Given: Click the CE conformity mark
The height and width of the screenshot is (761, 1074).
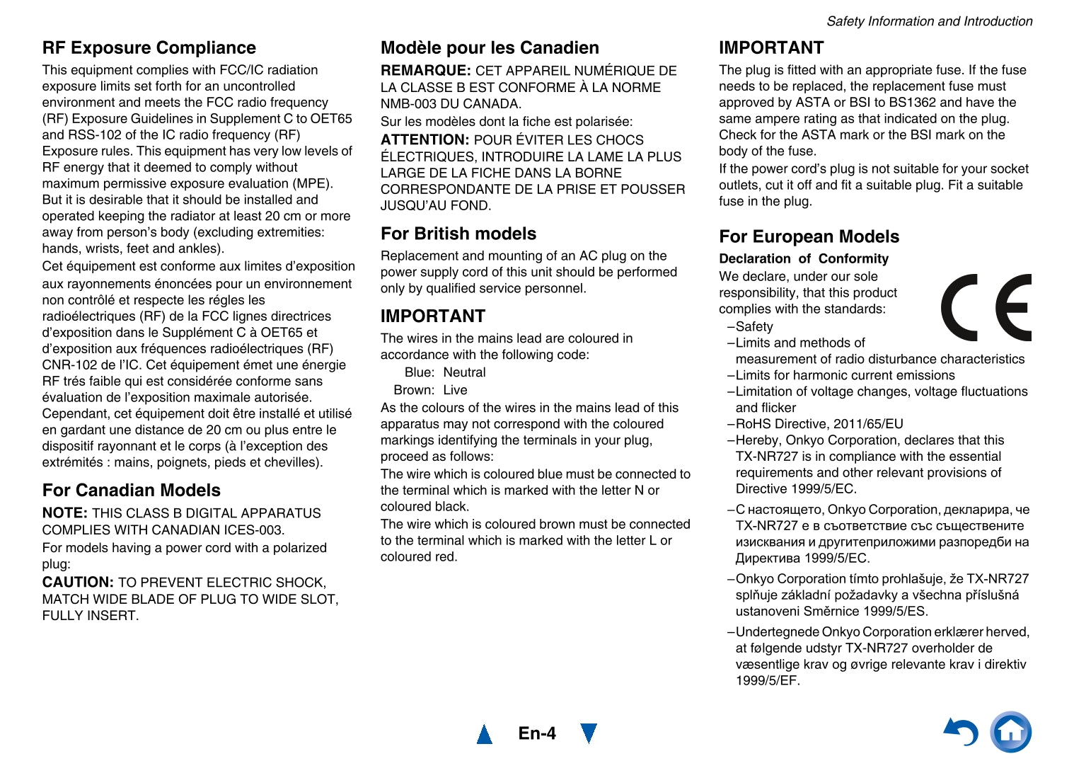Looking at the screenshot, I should pyautogui.click(x=986, y=307).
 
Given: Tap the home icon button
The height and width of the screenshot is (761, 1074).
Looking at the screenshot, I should pyautogui.click(x=1010, y=732).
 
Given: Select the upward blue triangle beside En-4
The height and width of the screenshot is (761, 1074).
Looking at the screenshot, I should pyautogui.click(x=485, y=734).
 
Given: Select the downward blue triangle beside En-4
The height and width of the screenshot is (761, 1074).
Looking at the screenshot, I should pyautogui.click(x=588, y=733).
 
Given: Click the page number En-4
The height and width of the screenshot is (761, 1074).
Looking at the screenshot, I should pyautogui.click(x=537, y=733).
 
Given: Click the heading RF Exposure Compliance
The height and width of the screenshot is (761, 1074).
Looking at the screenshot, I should pyautogui.click(x=149, y=48).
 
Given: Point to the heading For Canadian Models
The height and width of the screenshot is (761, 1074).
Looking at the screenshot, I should pyautogui.click(x=132, y=491).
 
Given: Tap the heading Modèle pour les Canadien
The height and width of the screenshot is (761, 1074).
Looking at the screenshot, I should pyautogui.click(x=490, y=48).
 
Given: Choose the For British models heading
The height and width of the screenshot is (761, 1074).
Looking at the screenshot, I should pyautogui.click(x=458, y=234).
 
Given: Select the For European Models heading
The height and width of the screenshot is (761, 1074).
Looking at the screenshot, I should pyautogui.click(x=809, y=237).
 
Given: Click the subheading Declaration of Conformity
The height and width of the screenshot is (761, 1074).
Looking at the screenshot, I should pyautogui.click(x=803, y=259).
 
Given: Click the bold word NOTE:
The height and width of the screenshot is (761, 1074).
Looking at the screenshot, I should pyautogui.click(x=65, y=513).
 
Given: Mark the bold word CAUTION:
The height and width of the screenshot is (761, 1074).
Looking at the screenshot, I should pyautogui.click(x=78, y=583).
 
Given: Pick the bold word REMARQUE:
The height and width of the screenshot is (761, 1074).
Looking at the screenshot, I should pyautogui.click(x=425, y=71).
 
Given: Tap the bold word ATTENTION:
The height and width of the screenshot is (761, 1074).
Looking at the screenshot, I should pyautogui.click(x=425, y=140).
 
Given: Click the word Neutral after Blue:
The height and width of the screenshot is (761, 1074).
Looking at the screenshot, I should pyautogui.click(x=464, y=372).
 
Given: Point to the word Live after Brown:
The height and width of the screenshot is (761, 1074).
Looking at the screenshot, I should pyautogui.click(x=455, y=390).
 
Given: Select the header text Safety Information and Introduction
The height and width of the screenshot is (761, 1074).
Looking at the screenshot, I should pyautogui.click(x=929, y=21).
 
